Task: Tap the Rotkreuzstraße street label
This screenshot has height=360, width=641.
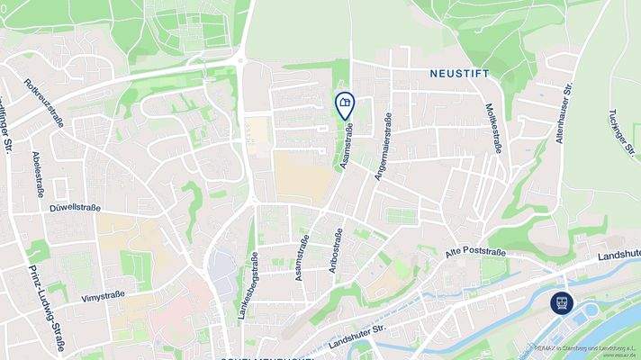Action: tap(44, 104)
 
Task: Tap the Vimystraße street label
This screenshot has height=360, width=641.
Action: tap(101, 295)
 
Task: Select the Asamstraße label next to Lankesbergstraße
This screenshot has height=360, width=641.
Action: tap(301, 260)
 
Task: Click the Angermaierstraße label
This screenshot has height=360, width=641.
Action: tap(383, 148)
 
